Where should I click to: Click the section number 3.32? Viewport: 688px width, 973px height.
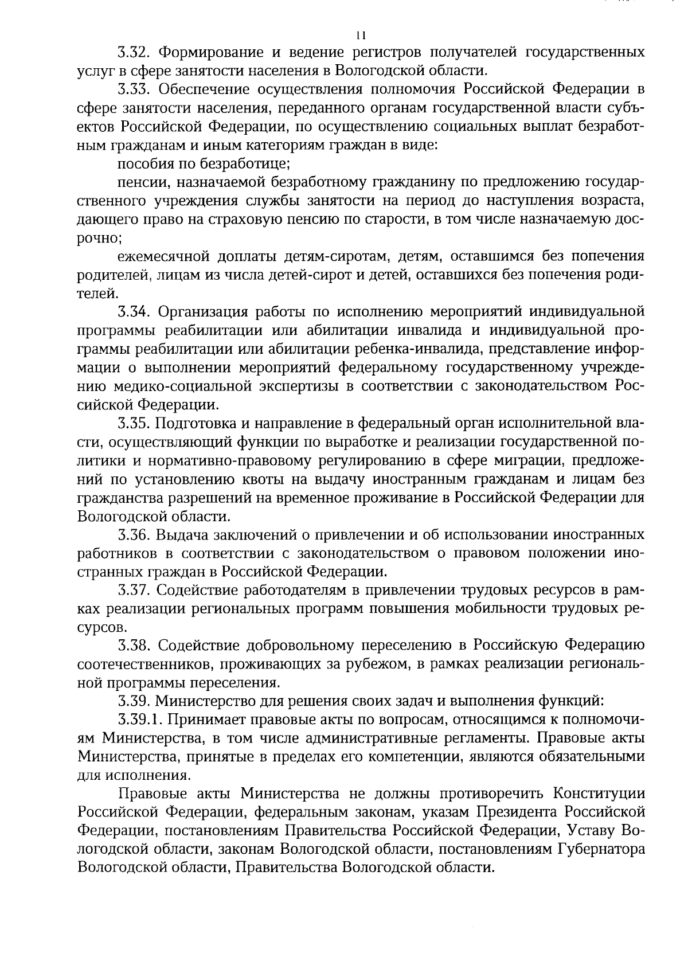coord(134,53)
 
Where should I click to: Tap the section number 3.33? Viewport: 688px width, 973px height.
coord(134,89)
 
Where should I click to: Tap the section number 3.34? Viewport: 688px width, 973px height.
coord(134,312)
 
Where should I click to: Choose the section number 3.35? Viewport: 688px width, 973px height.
coord(134,424)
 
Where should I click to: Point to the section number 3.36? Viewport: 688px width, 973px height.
coord(134,535)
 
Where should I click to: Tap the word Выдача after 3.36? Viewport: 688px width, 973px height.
coord(182,535)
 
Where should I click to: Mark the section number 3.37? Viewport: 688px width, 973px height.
coord(134,589)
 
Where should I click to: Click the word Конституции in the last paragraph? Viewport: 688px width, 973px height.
coord(599,794)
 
